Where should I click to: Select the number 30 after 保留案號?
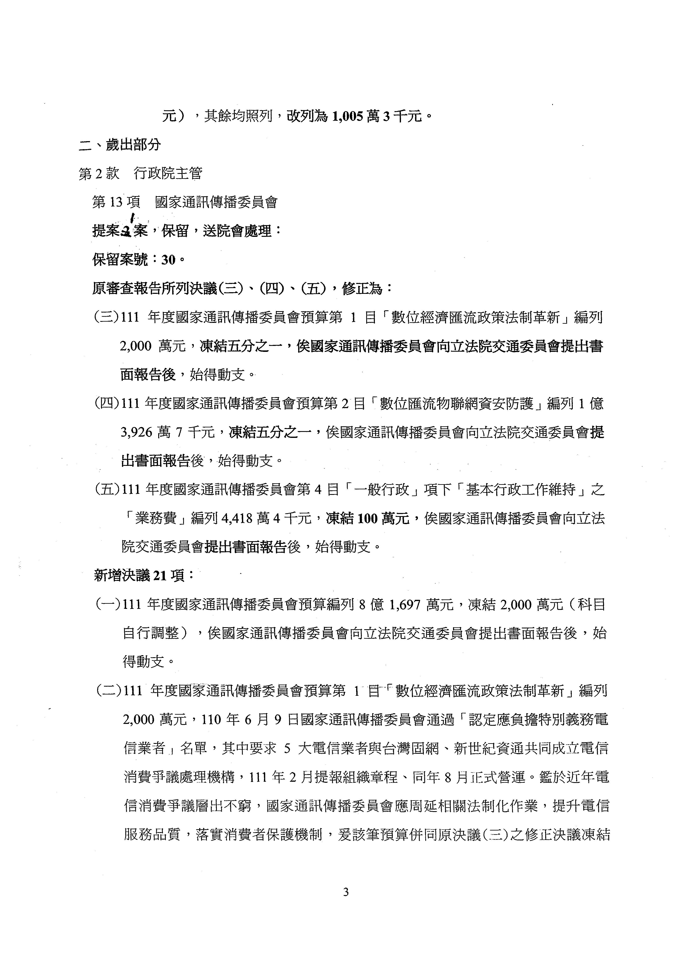point(169,260)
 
